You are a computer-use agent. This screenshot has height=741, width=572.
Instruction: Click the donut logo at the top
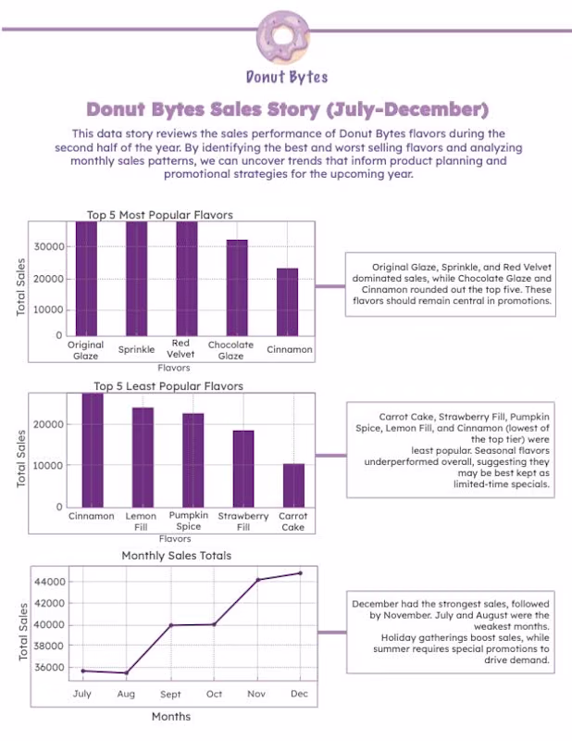[283, 36]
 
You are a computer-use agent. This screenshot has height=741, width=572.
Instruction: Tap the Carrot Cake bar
[293, 485]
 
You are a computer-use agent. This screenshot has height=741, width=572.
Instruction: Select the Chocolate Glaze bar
[237, 288]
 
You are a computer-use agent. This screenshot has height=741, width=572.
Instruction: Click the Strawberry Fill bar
[243, 469]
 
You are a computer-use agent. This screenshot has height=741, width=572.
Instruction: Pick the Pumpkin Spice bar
[193, 460]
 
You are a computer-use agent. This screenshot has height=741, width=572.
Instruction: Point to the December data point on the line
[300, 573]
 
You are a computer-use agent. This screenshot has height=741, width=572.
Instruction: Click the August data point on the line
[126, 673]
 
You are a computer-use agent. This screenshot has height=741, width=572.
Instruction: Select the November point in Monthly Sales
[258, 580]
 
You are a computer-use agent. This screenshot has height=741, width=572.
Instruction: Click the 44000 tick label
[50, 582]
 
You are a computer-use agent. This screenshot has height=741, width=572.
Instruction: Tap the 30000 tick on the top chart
[49, 246]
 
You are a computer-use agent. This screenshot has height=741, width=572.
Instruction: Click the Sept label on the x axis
[170, 694]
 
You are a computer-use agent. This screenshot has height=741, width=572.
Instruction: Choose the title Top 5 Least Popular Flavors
[168, 386]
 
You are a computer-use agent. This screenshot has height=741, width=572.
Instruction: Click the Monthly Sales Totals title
[177, 556]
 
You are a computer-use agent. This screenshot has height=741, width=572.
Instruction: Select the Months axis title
[171, 716]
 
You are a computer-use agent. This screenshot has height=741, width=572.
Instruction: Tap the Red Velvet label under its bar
[180, 349]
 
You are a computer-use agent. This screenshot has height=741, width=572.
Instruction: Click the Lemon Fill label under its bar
[141, 521]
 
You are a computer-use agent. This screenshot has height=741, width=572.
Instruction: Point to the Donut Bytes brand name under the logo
[287, 77]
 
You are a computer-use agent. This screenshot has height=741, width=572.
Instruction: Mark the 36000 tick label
[49, 668]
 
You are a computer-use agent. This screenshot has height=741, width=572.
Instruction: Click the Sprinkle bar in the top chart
[136, 279]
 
